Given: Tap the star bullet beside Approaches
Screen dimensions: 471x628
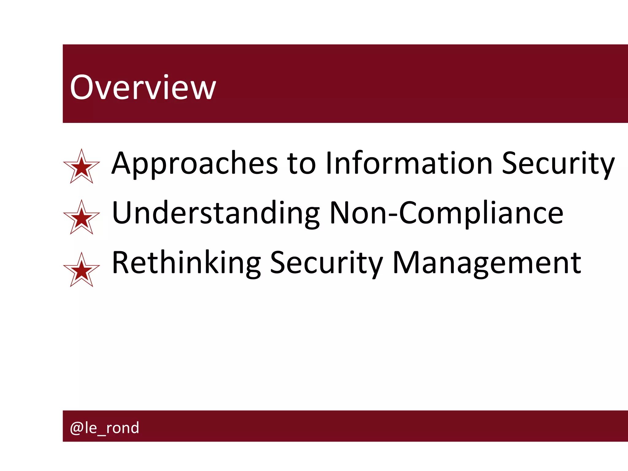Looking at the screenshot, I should (82, 167).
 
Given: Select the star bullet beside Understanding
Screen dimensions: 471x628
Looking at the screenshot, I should (82, 218).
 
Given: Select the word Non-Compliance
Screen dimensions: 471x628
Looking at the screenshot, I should (446, 213).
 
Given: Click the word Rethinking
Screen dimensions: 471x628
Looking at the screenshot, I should (186, 263).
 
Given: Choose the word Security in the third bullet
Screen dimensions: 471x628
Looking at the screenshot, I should (327, 263).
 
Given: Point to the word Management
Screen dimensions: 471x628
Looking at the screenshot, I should (487, 263).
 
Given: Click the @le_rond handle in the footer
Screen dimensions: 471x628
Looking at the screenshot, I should (105, 427).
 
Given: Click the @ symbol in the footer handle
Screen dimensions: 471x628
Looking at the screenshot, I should (76, 428).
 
